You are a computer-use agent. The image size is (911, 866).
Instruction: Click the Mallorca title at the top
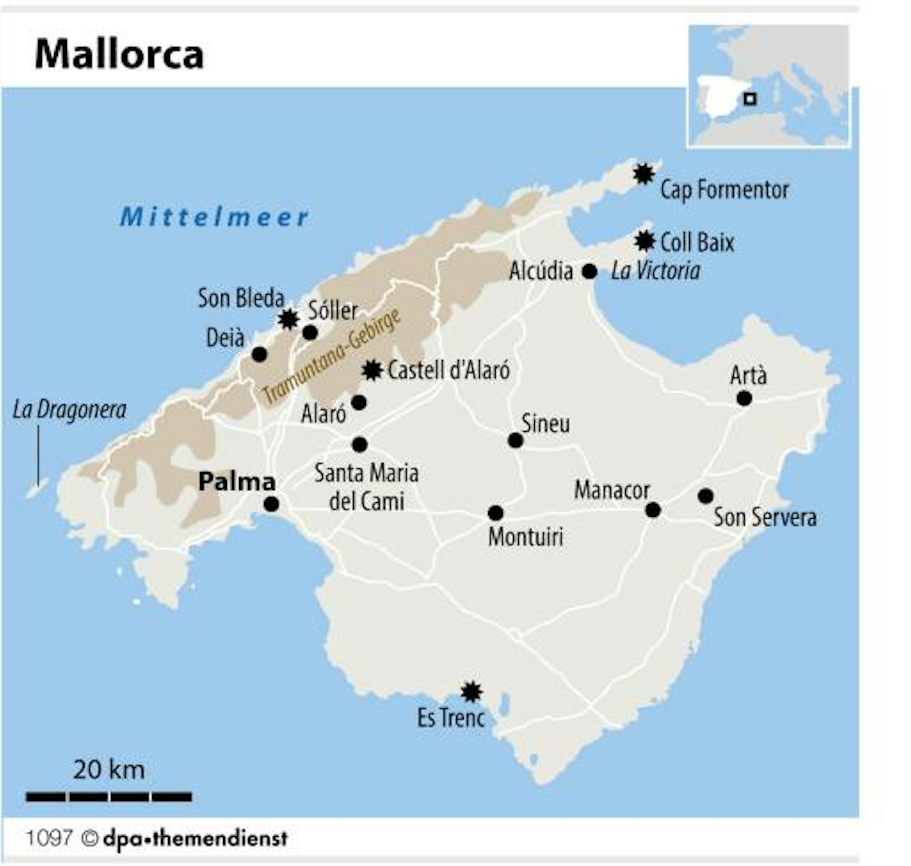coord(119,55)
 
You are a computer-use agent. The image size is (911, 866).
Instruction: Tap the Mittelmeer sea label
coord(214,217)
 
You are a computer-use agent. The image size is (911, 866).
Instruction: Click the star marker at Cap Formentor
coord(643,174)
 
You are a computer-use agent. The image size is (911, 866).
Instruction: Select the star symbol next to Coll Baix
coord(644,241)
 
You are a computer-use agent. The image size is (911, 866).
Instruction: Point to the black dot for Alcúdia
coord(589,271)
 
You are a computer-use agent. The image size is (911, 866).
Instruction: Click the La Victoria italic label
coord(655,271)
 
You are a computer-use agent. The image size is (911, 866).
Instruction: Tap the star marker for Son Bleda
coord(289,319)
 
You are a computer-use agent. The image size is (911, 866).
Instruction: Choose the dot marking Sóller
coord(310,332)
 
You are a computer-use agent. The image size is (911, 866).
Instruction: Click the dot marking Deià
coord(260,355)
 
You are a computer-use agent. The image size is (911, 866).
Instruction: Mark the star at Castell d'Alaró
coord(372,370)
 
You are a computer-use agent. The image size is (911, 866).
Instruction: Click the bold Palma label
coord(236,482)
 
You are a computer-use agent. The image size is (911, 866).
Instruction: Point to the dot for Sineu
coord(515,440)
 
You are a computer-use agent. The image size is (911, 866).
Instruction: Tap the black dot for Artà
coord(744,398)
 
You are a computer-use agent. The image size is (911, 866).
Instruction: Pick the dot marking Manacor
coord(653,510)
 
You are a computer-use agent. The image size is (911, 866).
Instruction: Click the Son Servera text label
coord(765,517)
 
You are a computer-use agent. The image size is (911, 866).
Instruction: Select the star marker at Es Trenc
coord(471,692)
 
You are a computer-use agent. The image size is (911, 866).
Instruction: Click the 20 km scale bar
coord(109,796)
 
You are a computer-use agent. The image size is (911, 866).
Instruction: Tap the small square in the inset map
coord(750,99)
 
